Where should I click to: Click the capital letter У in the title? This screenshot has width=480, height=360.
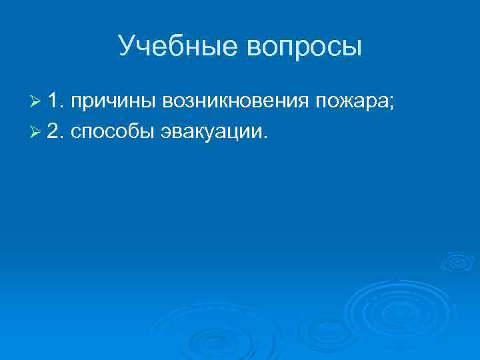tap(127, 47)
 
